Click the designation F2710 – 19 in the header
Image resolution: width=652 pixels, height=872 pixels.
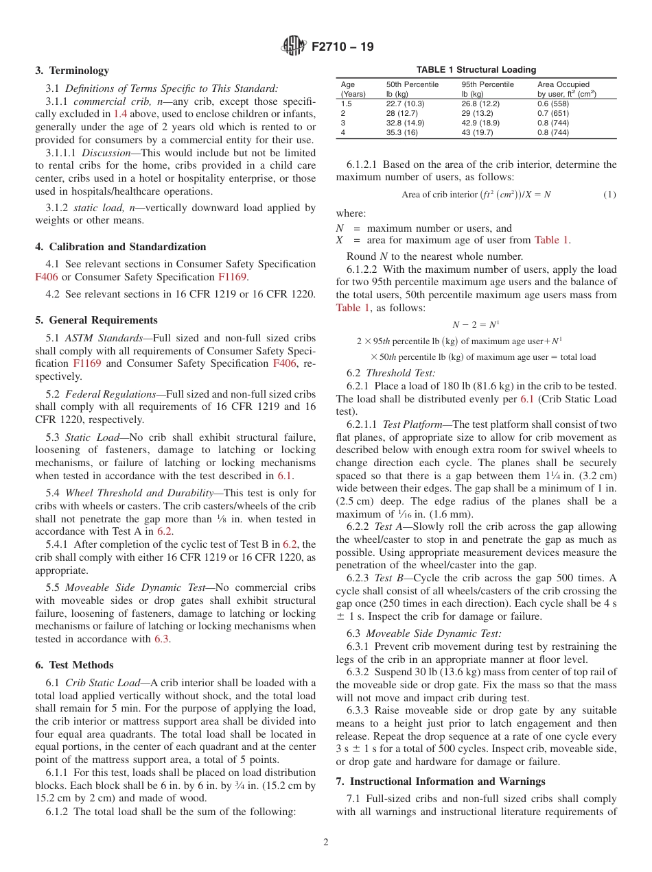pyautogui.click(x=342, y=47)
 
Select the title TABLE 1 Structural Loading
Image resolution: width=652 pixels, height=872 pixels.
pyautogui.click(x=476, y=70)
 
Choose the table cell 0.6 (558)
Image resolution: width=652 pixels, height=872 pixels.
pyautogui.click(x=552, y=104)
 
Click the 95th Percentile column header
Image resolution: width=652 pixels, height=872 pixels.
pyautogui.click(x=487, y=85)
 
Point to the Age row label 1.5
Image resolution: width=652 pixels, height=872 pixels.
pyautogui.click(x=346, y=104)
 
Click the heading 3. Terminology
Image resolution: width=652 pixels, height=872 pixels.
pyautogui.click(x=72, y=71)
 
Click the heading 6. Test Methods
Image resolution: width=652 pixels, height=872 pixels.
pyautogui.click(x=74, y=665)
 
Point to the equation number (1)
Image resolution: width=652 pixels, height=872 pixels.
pyautogui.click(x=609, y=195)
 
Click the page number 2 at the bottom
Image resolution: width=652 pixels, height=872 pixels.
pyautogui.click(x=326, y=842)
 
